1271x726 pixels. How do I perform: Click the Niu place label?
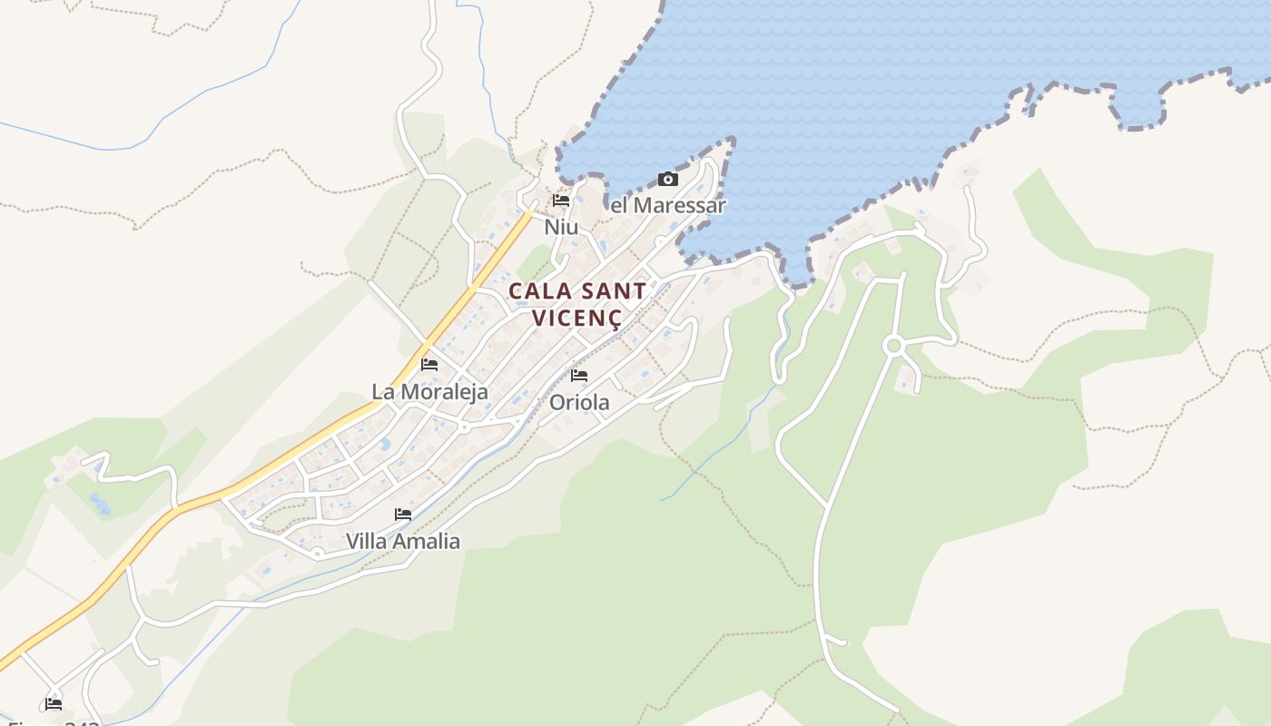click(x=561, y=227)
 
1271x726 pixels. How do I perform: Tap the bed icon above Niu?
click(x=561, y=201)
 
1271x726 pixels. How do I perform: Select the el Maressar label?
click(x=668, y=205)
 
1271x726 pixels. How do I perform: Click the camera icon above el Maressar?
click(x=668, y=179)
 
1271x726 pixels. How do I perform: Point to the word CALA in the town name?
click(x=539, y=291)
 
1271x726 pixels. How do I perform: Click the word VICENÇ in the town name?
click(x=577, y=319)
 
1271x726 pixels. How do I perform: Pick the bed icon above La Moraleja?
click(x=429, y=365)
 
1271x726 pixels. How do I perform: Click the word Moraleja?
click(x=445, y=392)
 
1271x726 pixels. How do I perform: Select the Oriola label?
click(x=579, y=402)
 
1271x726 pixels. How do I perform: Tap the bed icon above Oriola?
click(x=579, y=376)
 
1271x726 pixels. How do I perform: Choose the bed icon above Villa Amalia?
click(x=403, y=515)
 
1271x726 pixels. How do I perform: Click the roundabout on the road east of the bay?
click(x=893, y=345)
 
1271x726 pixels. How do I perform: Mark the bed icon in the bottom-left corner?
click(x=54, y=703)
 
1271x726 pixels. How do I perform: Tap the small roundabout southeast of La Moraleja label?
click(x=465, y=426)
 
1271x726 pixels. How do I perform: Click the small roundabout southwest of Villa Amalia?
click(x=318, y=552)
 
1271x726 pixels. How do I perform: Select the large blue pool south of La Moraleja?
click(x=385, y=445)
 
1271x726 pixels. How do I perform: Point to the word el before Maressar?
click(x=619, y=205)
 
